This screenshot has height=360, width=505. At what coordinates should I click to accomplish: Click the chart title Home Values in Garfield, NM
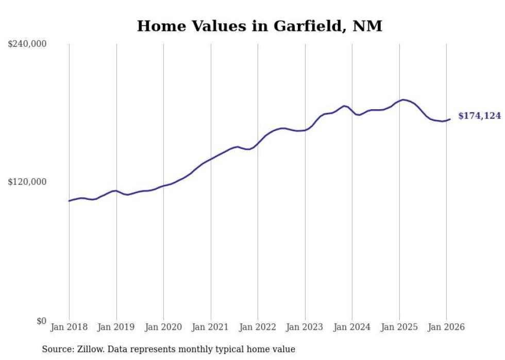pyautogui.click(x=259, y=26)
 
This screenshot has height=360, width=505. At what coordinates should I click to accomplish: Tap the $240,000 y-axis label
pyautogui.click(x=27, y=44)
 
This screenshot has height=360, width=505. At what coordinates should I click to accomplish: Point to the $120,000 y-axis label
pyautogui.click(x=27, y=182)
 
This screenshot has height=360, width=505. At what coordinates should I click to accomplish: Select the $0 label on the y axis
pyautogui.click(x=41, y=321)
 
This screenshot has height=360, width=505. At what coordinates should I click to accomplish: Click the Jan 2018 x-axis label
pyautogui.click(x=69, y=327)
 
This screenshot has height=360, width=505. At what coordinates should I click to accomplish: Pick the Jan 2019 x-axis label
pyautogui.click(x=116, y=327)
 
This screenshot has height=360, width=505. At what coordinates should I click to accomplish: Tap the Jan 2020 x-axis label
pyautogui.click(x=163, y=327)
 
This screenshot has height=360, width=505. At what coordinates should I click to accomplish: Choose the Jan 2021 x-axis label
pyautogui.click(x=211, y=327)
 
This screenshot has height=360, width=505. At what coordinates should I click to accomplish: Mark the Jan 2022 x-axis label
pyautogui.click(x=258, y=327)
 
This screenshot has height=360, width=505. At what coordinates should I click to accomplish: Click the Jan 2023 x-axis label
pyautogui.click(x=305, y=327)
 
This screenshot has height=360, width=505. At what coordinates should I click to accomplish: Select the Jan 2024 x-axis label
pyautogui.click(x=352, y=327)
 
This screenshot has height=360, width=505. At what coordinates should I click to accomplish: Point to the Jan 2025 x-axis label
pyautogui.click(x=399, y=327)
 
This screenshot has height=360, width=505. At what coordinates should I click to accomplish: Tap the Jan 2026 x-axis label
pyautogui.click(x=446, y=327)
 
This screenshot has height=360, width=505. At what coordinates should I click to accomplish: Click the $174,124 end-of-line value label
pyautogui.click(x=479, y=116)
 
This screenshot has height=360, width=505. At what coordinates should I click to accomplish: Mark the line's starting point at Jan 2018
pyautogui.click(x=69, y=201)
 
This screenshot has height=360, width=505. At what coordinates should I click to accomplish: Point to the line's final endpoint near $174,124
pyautogui.click(x=450, y=119)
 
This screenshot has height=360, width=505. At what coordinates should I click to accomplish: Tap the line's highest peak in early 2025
pyautogui.click(x=403, y=99)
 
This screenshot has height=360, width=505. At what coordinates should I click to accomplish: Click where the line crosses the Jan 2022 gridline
pyautogui.click(x=258, y=144)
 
